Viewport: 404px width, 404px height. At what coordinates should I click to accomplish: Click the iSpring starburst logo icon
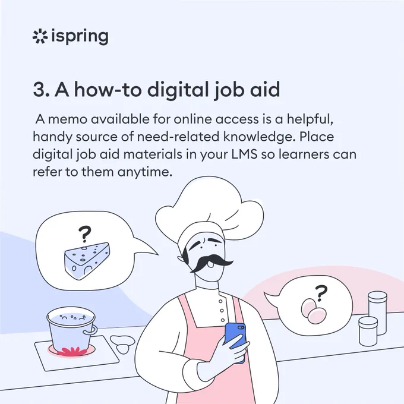[x=40, y=37]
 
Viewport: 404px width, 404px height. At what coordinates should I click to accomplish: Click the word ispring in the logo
[x=80, y=37]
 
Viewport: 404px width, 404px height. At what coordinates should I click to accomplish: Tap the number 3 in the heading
[x=39, y=89]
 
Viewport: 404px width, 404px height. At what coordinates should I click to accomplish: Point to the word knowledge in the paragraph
[x=258, y=137]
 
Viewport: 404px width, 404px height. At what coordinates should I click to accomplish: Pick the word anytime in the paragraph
[x=145, y=172]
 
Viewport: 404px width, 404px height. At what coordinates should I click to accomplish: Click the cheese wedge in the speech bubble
[x=87, y=260]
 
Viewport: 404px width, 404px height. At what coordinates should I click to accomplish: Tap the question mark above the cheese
[x=85, y=234]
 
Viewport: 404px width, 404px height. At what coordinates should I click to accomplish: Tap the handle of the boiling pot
[x=92, y=330]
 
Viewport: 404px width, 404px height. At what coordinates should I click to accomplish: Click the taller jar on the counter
[x=377, y=313]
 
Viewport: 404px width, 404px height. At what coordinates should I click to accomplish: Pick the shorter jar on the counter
[x=368, y=332]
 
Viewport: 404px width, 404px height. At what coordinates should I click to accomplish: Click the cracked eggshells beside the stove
[x=122, y=344]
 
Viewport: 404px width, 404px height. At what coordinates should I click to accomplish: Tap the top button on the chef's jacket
[x=220, y=301]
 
